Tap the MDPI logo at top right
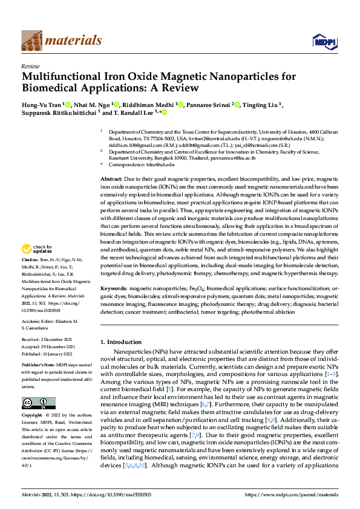coord(321,41)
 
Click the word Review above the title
coord(30,66)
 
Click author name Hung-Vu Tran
coord(41,105)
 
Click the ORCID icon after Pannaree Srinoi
coord(238,105)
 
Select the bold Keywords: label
coord(114,290)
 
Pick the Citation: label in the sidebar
coord(31,277)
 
